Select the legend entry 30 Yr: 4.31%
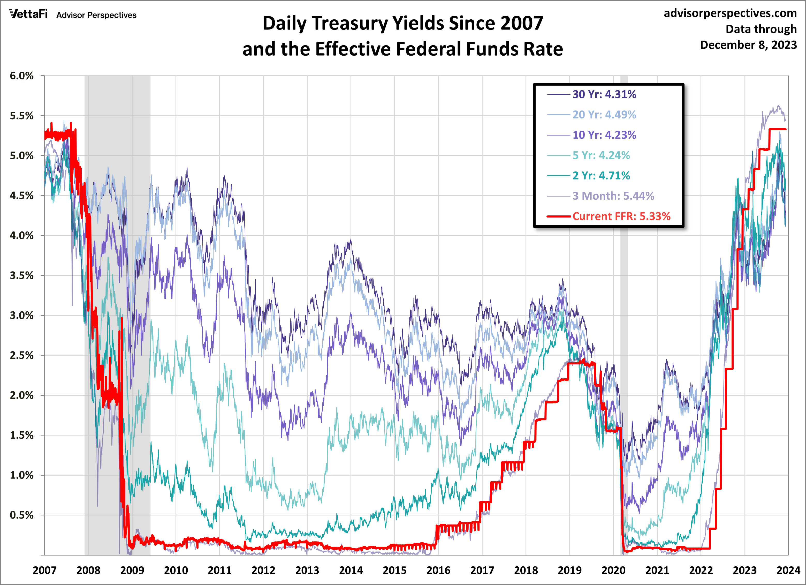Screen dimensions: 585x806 point(604,94)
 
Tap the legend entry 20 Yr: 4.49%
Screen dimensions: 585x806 point(604,115)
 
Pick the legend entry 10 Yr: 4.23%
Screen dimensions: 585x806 point(604,135)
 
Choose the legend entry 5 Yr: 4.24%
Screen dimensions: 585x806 point(601,155)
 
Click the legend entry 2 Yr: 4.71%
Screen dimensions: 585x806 point(601,175)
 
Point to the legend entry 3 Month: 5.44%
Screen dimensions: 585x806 point(613,196)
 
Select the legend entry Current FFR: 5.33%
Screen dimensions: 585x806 point(621,216)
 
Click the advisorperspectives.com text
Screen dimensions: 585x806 point(730,13)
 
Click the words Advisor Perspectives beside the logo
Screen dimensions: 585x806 point(96,15)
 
